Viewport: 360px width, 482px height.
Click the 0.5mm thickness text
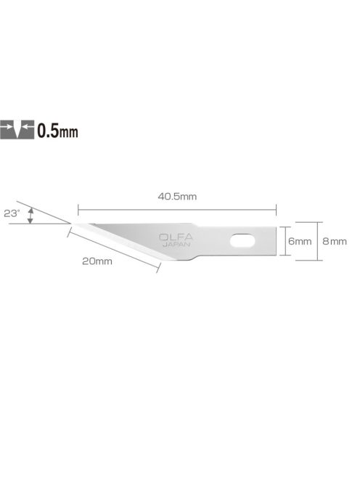tap(57, 131)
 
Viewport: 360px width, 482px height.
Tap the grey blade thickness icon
tap(17, 130)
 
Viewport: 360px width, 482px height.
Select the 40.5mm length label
tap(177, 197)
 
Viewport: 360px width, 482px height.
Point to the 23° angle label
tap(12, 213)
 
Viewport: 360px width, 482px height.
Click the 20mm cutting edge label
tap(97, 261)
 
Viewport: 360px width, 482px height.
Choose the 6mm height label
tap(300, 241)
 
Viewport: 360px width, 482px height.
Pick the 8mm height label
tap(335, 241)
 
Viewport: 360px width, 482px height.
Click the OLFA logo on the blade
tap(176, 237)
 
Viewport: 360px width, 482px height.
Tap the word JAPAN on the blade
tap(176, 245)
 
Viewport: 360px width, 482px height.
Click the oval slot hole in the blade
tap(242, 241)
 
